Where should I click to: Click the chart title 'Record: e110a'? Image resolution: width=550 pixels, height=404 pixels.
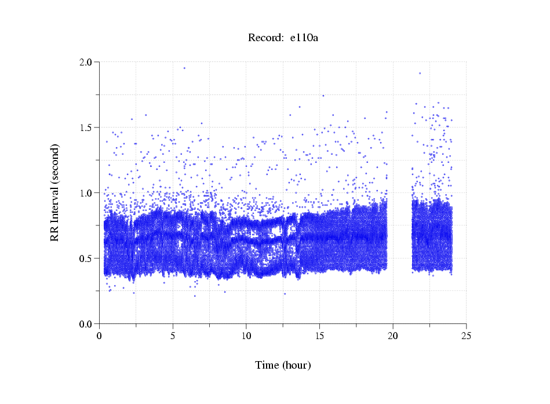283,38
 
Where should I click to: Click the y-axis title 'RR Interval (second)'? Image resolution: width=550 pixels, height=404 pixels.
55,192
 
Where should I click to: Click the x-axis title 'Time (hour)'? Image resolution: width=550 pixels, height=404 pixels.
283,365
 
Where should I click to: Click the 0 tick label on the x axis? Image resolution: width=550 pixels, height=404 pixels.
100,336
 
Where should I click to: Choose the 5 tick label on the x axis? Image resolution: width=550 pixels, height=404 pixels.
173,336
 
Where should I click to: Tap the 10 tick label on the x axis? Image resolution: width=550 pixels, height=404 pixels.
246,336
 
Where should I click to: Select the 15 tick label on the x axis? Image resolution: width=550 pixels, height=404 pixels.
319,336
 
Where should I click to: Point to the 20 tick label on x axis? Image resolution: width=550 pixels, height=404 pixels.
393,336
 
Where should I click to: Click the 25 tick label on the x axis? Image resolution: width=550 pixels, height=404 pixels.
466,336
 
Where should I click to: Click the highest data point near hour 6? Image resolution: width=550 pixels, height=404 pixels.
184,68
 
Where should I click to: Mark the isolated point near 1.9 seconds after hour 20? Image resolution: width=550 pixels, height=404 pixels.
420,73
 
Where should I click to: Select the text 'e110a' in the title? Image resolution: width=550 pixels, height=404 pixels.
304,38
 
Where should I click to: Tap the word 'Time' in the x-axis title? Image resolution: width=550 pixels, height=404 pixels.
267,365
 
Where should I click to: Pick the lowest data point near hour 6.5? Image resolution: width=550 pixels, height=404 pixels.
195,296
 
